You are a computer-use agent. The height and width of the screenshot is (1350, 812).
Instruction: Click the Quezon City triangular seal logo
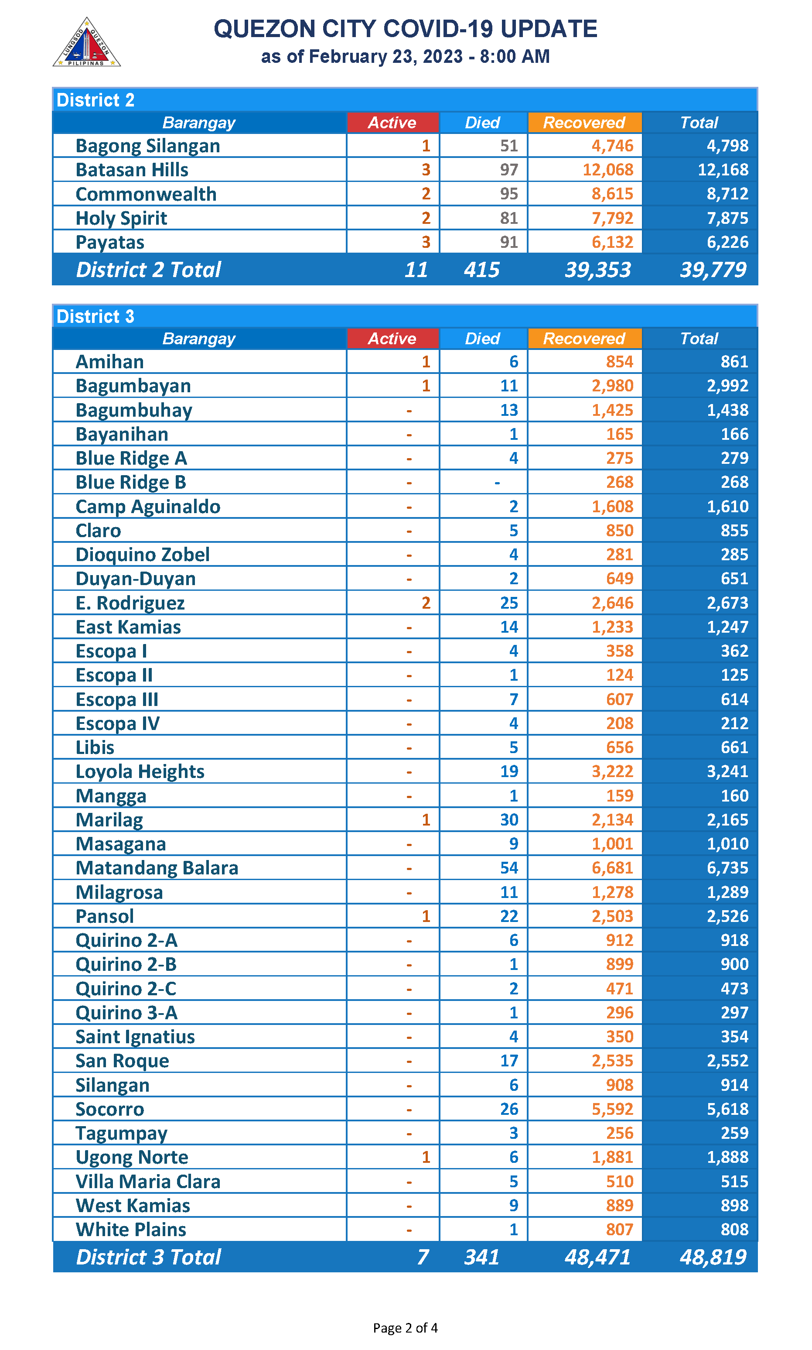86,43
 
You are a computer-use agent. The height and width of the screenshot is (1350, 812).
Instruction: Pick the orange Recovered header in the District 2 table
584,123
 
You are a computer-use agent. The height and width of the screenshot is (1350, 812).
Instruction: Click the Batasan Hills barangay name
132,170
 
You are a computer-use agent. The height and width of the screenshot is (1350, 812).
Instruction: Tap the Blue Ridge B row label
131,482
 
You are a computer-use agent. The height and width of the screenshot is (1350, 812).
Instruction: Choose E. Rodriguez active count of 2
426,603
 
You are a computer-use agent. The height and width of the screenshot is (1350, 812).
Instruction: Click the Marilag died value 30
508,819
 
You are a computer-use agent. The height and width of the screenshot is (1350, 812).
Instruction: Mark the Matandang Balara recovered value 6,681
612,868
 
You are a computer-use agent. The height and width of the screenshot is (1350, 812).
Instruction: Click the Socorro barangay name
109,1109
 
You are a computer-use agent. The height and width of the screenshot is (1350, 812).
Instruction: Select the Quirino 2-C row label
126,989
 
